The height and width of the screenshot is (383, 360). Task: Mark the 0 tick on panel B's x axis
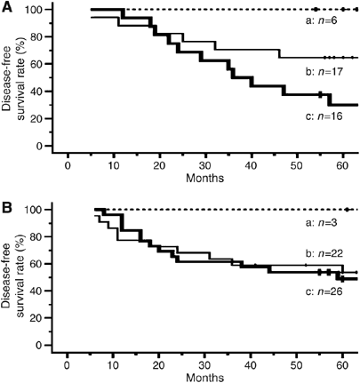(68, 362)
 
